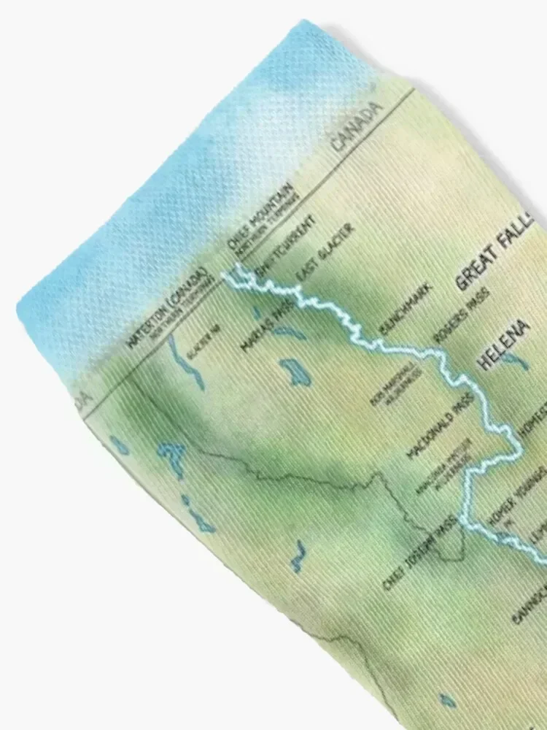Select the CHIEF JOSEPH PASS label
point(419,551)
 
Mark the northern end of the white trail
point(228,274)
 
